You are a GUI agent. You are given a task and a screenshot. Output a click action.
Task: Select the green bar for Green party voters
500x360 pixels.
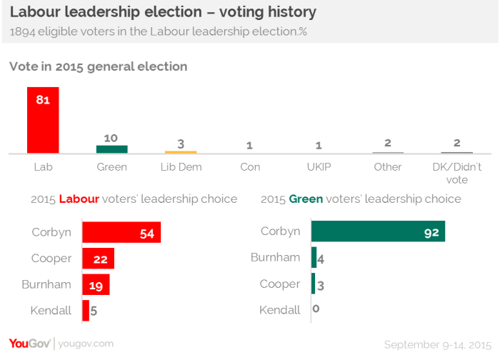pyautogui.click(x=111, y=149)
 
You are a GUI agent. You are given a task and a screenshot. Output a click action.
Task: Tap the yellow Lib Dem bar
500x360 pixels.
pyautogui.click(x=181, y=151)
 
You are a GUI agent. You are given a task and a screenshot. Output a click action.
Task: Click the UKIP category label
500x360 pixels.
pyautogui.click(x=319, y=167)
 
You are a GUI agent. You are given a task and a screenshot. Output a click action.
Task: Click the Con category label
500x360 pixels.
pyautogui.click(x=249, y=167)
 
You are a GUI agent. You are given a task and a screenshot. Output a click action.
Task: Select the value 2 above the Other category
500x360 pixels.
pyautogui.click(x=387, y=143)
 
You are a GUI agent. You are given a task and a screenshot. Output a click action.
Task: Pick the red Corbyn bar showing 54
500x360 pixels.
pyautogui.click(x=121, y=232)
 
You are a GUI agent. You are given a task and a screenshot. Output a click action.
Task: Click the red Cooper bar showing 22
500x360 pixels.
pyautogui.click(x=98, y=259)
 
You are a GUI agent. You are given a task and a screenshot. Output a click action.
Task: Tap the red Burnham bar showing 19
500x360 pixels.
pyautogui.click(x=96, y=284)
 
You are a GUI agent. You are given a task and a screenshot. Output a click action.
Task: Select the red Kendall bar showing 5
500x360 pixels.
pyautogui.click(x=86, y=310)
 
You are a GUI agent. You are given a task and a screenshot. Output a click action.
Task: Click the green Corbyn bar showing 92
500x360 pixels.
pyautogui.click(x=378, y=231)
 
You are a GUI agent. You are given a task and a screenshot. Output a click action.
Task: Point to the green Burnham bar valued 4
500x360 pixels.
pyautogui.click(x=314, y=258)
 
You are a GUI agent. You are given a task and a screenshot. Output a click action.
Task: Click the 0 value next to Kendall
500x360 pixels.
pyautogui.click(x=316, y=310)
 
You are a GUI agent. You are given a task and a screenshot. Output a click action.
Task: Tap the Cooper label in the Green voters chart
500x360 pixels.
pyautogui.click(x=280, y=284)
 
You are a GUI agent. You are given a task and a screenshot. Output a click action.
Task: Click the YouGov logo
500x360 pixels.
pyautogui.click(x=30, y=344)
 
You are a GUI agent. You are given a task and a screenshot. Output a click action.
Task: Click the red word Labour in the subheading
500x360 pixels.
pyautogui.click(x=79, y=199)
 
